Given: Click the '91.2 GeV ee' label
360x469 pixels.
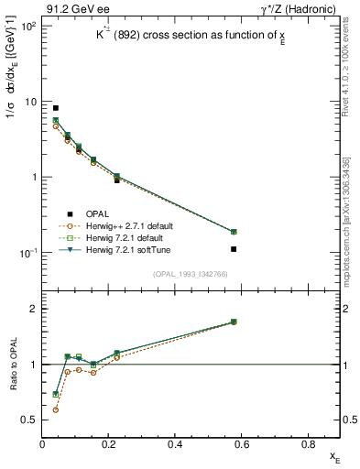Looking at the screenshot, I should click(72, 9).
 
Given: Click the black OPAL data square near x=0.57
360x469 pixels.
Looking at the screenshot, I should click(259, 249).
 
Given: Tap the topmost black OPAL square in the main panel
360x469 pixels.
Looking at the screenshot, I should click(56, 108).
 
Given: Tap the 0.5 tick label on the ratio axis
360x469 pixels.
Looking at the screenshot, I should click(30, 420).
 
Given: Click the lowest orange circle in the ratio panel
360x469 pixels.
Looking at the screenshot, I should click(56, 409).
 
